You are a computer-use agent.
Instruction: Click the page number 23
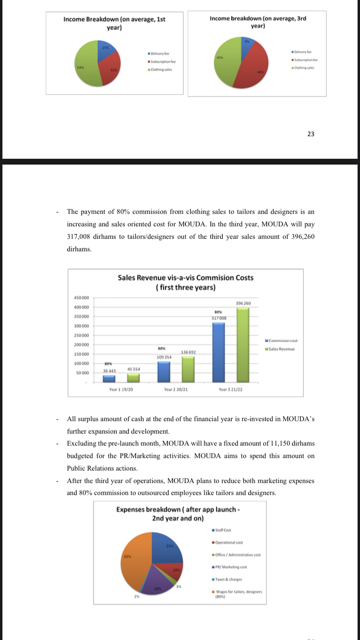pyautogui.click(x=311, y=134)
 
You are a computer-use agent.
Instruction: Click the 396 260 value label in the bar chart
pyautogui.click(x=244, y=303)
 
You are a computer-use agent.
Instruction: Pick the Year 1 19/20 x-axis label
pyautogui.click(x=121, y=390)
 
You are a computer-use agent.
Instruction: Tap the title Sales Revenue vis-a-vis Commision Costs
pyautogui.click(x=185, y=278)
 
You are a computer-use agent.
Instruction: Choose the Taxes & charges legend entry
pyautogui.click(x=228, y=580)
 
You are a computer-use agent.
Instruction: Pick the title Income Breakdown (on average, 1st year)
pyautogui.click(x=114, y=23)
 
